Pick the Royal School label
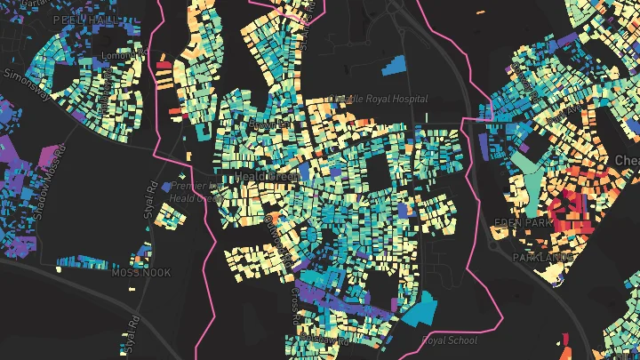tap(449, 340)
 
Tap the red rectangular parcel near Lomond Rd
tap(164, 64)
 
